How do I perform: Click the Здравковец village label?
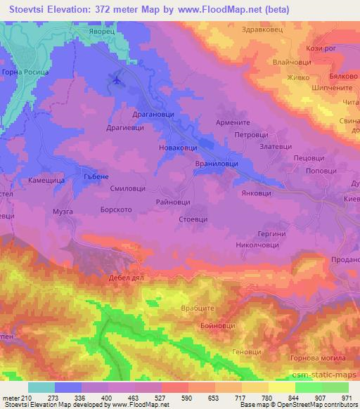click(282, 30)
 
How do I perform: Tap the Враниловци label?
click(215, 163)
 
